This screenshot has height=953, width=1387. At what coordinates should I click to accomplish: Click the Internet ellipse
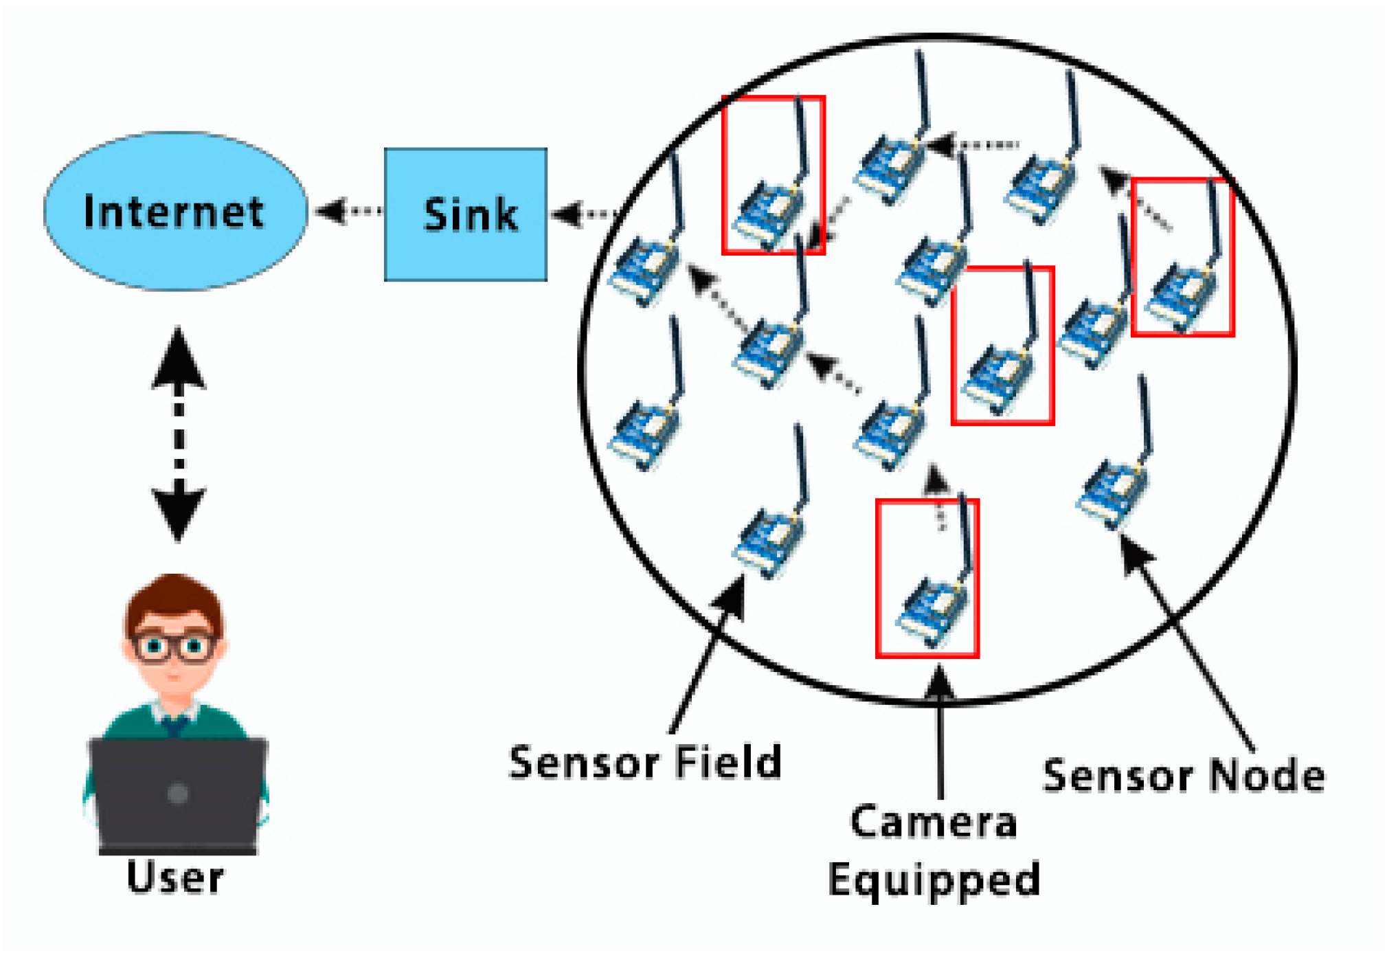click(175, 211)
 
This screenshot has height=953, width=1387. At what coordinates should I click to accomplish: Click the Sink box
click(466, 214)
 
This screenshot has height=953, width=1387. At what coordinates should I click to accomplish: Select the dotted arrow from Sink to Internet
click(348, 211)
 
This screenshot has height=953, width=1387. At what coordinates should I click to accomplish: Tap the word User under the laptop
click(175, 877)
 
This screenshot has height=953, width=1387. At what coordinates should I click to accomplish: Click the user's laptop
click(178, 794)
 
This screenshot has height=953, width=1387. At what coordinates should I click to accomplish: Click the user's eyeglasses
click(174, 647)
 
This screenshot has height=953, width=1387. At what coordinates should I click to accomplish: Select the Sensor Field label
click(645, 762)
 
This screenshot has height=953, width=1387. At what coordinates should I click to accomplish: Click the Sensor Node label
click(1184, 776)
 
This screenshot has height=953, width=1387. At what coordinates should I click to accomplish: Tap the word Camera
click(934, 822)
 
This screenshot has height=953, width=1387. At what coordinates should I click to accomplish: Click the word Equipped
click(934, 879)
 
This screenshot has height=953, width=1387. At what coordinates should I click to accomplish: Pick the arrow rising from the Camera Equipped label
click(939, 735)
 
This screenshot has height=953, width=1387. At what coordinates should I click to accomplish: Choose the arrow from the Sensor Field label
click(708, 653)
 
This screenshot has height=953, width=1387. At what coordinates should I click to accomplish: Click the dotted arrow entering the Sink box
click(584, 214)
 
